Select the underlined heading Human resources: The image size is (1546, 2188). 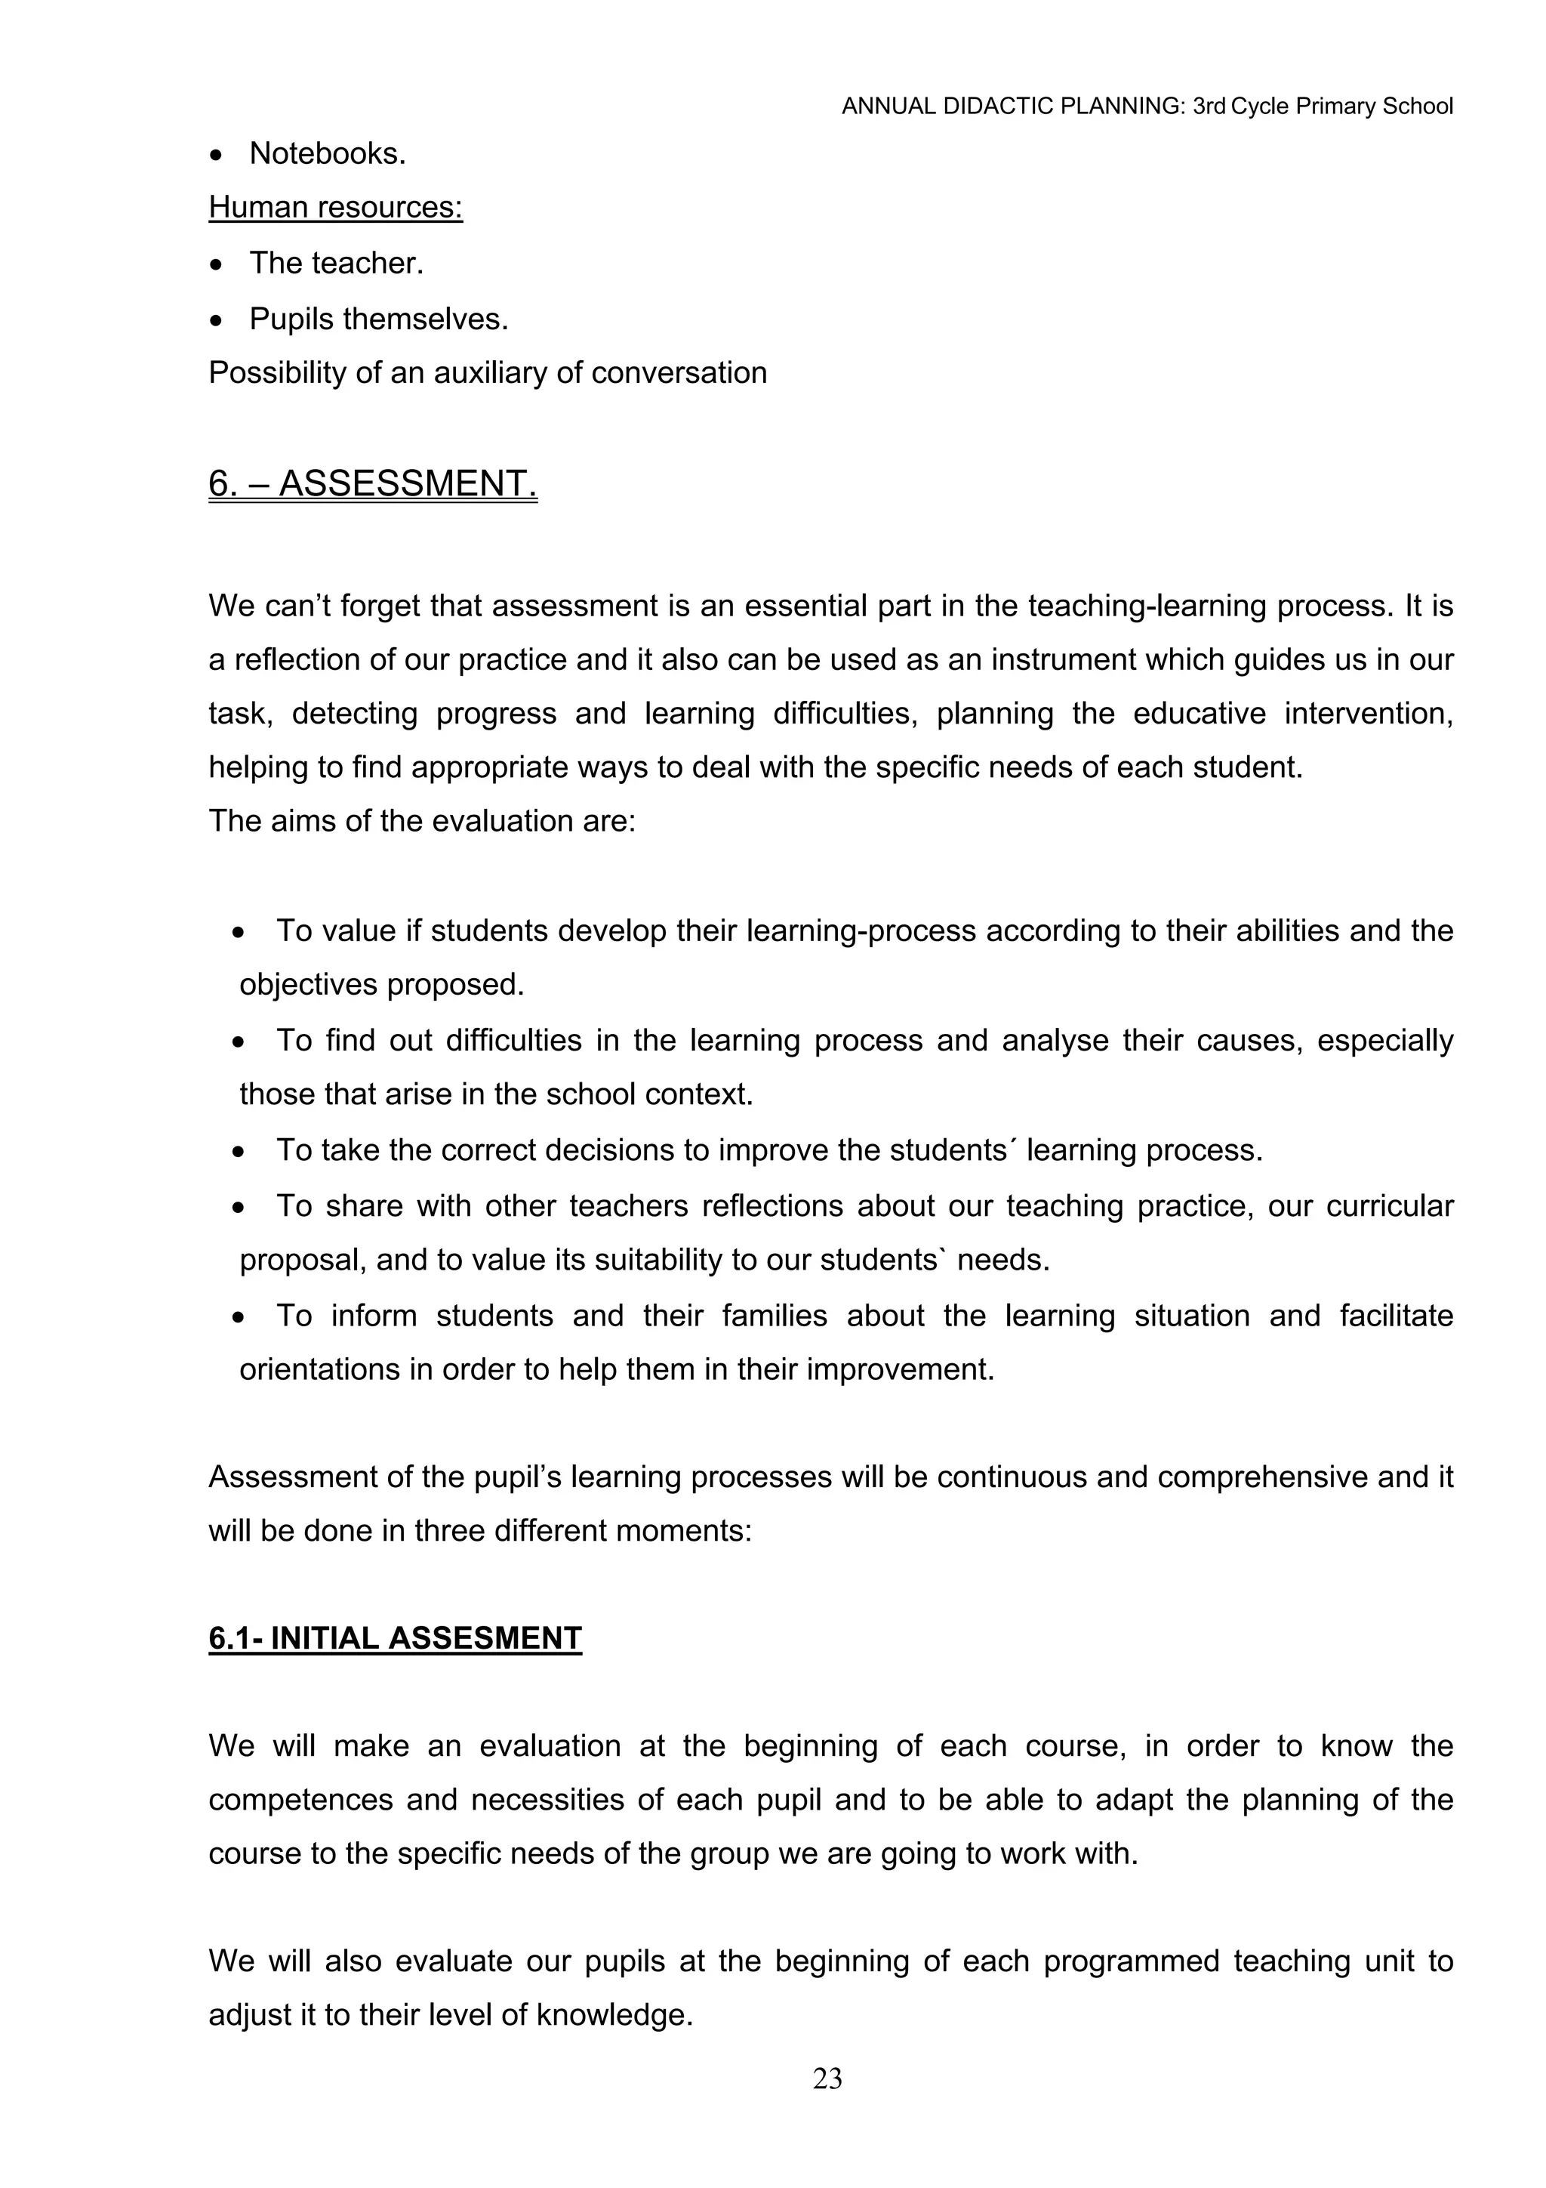click(x=335, y=207)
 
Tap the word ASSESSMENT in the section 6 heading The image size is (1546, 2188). click(x=407, y=484)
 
